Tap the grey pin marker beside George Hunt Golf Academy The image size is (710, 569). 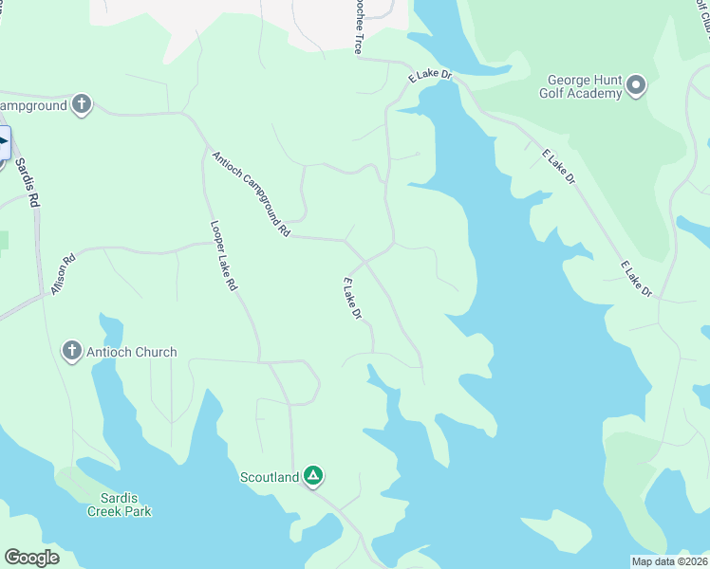[x=636, y=86]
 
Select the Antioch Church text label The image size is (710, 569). [x=131, y=352]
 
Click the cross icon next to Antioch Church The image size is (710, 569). [x=71, y=352]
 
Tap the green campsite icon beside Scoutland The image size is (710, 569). [x=313, y=476]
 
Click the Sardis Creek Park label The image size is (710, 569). [x=119, y=505]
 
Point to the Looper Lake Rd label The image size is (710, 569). [x=223, y=256]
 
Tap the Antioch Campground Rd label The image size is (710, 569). [x=251, y=193]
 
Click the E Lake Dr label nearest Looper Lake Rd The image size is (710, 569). [x=352, y=298]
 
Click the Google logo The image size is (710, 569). [x=32, y=558]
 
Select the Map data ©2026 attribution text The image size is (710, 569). [x=670, y=561]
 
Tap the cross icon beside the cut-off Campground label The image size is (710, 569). [x=82, y=104]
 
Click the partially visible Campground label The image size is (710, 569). [x=34, y=105]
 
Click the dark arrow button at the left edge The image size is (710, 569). [x=3, y=145]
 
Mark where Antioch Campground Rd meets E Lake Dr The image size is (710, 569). [x=346, y=241]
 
